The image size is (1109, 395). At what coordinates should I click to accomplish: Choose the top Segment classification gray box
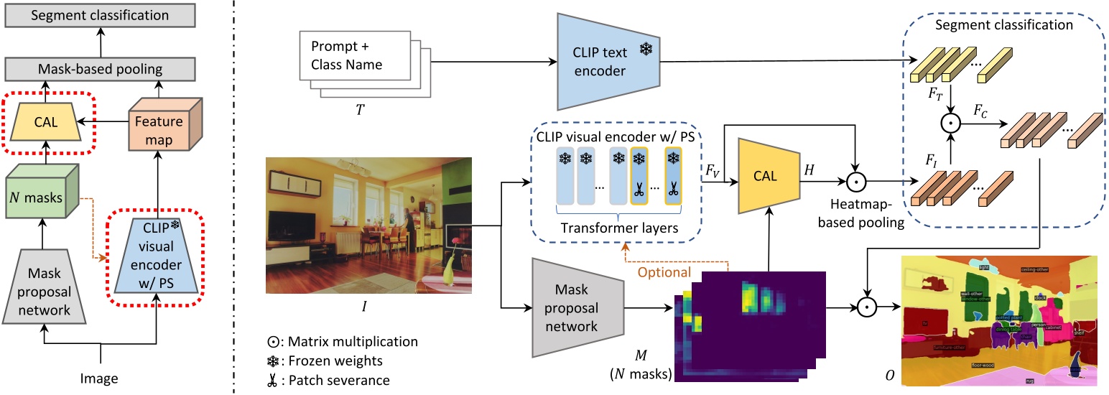101,15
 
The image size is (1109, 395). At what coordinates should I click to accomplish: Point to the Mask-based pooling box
101,70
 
